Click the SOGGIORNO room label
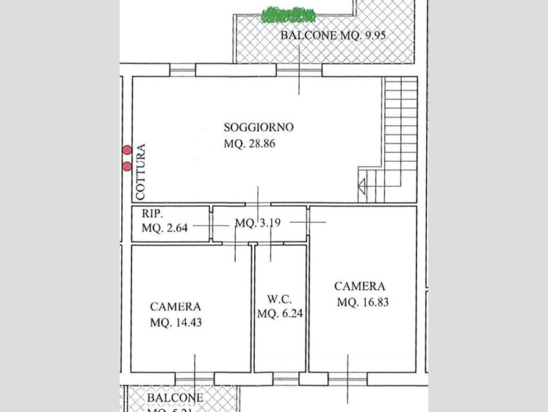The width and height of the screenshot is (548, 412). pos(259,127)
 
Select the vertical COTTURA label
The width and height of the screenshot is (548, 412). pos(140,171)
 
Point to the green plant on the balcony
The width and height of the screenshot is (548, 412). pos(289,14)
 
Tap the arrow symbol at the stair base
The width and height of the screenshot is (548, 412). pos(363,188)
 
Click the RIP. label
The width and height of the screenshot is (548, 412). pos(152,213)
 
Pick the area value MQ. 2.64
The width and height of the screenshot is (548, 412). pos(165,227)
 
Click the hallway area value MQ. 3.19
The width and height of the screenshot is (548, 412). pos(259,222)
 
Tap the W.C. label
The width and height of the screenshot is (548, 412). pos(280,299)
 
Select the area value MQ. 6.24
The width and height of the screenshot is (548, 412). pos(280,313)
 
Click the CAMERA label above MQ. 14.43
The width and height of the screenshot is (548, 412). pos(176,307)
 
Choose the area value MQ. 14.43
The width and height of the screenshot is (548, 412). pos(176,322)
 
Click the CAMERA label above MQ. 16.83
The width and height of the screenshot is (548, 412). pos(360,286)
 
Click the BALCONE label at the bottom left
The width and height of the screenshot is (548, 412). pos(175,398)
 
